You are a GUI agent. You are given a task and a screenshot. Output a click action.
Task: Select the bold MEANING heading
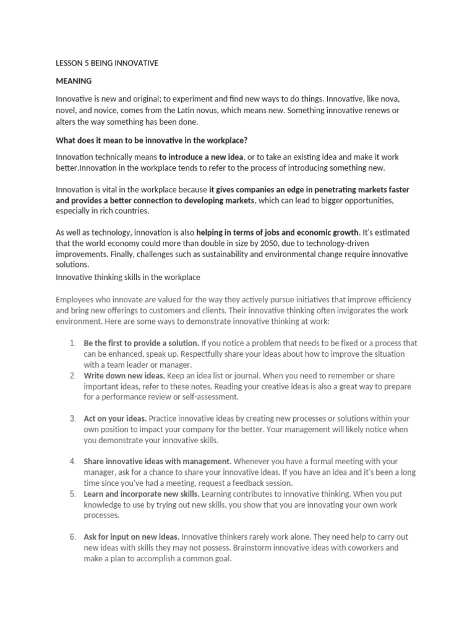74,81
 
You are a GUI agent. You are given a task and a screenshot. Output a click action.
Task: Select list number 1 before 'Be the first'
72,343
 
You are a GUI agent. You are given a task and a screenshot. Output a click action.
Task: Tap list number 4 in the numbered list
72,461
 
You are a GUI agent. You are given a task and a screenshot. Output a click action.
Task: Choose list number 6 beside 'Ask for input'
72,537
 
